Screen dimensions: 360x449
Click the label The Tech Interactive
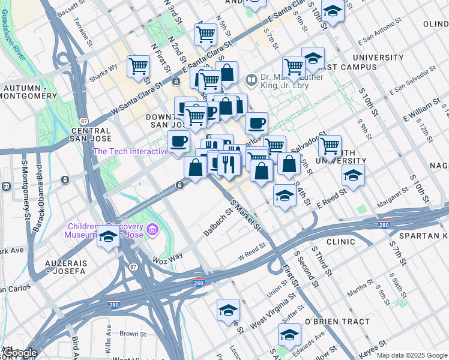point(130,151)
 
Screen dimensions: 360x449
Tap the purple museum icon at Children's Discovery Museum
point(152,229)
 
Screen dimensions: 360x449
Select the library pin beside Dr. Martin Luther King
point(251,79)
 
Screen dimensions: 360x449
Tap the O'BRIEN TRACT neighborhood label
point(337,322)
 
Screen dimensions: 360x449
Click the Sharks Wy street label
point(104,70)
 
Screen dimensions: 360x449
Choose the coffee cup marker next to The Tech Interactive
point(178,142)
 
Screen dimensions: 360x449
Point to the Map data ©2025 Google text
point(411,355)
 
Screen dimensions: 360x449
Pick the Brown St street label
point(133,334)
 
